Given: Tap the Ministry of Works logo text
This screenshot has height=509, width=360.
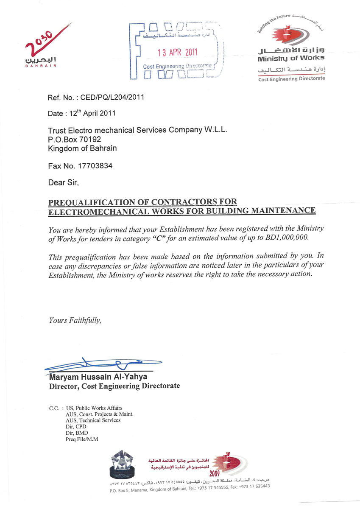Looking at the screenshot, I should coord(291,58).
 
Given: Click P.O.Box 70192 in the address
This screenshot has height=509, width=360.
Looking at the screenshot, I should coord(75,139).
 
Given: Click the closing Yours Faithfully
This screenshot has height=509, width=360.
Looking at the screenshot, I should coord(75,320).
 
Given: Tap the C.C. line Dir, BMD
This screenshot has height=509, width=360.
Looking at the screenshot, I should coord(77,433).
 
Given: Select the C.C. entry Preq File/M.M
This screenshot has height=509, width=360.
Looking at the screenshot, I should coord(82,439).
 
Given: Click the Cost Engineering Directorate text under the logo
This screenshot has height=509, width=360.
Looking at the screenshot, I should coord(291,79).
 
